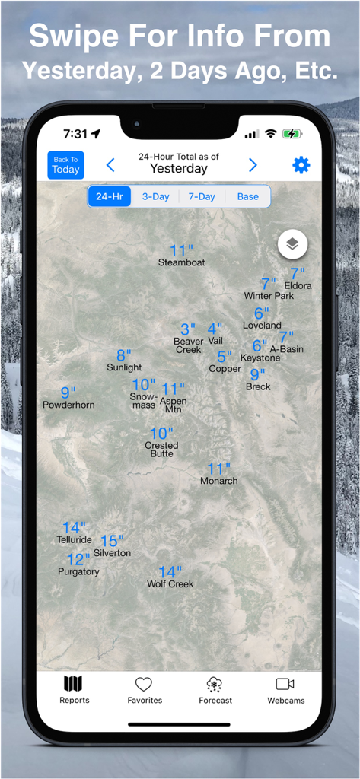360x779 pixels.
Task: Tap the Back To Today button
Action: click(x=65, y=165)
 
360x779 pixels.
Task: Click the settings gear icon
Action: click(x=301, y=165)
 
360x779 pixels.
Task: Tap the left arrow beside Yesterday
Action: click(x=111, y=165)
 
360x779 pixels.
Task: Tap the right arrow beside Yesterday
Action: click(x=253, y=165)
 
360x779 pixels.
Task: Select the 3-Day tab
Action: click(x=155, y=196)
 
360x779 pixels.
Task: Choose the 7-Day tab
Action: click(x=202, y=196)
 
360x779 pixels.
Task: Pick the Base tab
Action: click(x=247, y=196)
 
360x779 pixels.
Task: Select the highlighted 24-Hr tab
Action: click(x=110, y=196)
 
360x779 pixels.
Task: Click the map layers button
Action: click(x=292, y=244)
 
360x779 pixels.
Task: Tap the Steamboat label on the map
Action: click(x=181, y=262)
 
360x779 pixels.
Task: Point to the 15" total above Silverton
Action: click(x=112, y=541)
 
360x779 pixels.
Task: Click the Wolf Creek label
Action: click(x=170, y=584)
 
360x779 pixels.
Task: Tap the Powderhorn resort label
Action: click(x=68, y=405)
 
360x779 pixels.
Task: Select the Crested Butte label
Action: click(x=161, y=450)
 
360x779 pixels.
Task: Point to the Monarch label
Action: click(x=218, y=481)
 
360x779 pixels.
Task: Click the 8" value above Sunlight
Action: click(x=123, y=355)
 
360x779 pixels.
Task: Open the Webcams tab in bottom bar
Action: click(x=285, y=690)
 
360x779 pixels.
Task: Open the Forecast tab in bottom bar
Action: click(x=215, y=690)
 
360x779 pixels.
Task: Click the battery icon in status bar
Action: click(x=292, y=134)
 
